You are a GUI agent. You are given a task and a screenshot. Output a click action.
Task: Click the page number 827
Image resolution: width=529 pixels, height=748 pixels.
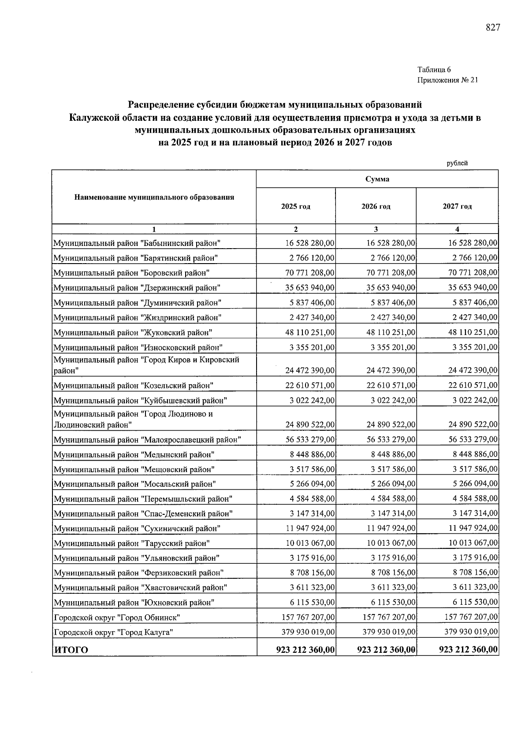point(493,28)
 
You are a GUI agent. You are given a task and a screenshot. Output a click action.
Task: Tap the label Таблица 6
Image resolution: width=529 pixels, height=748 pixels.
point(434,69)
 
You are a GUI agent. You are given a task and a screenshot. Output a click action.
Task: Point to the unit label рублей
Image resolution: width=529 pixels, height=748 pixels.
point(457,163)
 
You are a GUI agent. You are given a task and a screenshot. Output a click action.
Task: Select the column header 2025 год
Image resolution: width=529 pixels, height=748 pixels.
point(296,206)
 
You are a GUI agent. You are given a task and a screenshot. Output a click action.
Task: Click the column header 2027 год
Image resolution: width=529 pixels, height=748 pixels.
point(457,206)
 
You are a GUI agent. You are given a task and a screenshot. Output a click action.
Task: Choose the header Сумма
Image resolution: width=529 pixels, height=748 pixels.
point(377,179)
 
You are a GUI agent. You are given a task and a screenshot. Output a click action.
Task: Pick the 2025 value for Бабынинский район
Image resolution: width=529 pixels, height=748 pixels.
point(310,243)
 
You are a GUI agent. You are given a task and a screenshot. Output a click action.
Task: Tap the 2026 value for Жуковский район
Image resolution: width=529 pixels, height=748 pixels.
point(391,332)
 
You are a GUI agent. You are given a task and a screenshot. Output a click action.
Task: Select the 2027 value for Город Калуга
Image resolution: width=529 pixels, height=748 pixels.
point(471,632)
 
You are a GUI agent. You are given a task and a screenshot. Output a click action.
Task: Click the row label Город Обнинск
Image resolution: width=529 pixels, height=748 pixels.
point(117,618)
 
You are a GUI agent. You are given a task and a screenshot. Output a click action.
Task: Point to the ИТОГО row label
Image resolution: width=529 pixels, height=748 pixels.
point(71,650)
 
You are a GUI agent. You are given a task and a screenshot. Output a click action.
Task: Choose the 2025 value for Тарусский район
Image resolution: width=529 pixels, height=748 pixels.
point(310,543)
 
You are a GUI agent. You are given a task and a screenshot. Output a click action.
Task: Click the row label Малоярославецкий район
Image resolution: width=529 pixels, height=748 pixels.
point(148,440)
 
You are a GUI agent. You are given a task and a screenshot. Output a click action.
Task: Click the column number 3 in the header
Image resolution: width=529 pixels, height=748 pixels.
point(376,229)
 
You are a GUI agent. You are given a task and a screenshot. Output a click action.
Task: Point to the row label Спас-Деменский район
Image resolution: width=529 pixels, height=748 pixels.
point(143,514)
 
